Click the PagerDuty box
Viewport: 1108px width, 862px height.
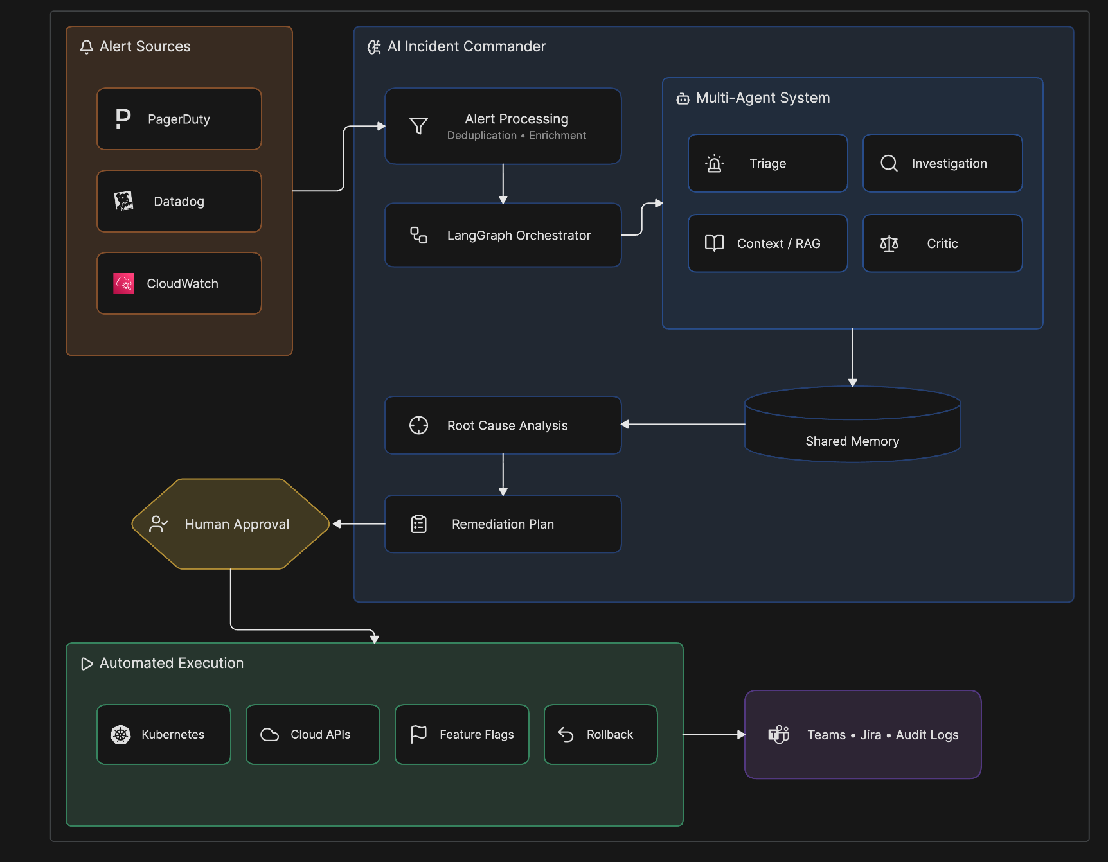[x=179, y=119]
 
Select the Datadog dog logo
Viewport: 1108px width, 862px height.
[x=123, y=201]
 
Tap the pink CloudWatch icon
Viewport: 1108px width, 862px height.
[x=123, y=283]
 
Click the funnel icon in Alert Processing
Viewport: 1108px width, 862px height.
[x=418, y=126]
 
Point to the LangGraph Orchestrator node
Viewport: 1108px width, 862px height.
[x=503, y=235]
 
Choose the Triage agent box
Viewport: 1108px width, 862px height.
[x=768, y=163]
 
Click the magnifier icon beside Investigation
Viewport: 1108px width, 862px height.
[x=889, y=163]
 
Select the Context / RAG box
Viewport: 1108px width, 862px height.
[x=768, y=243]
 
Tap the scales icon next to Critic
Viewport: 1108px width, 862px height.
[x=889, y=243]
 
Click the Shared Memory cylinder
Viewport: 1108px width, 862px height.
[x=853, y=424]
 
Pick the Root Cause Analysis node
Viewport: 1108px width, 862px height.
[x=503, y=425]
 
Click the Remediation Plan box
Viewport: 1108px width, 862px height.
[x=503, y=524]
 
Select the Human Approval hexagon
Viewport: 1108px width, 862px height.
[x=231, y=524]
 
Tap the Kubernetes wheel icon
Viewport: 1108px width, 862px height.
[x=121, y=734]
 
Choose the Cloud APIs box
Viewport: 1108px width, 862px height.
[x=313, y=734]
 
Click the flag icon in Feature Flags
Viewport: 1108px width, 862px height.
[x=418, y=734]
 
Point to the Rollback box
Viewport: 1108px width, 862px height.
[x=601, y=734]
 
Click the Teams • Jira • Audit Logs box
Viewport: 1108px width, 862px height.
[x=863, y=734]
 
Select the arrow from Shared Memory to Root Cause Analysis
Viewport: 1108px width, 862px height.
[x=683, y=424]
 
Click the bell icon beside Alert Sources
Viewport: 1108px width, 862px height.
[x=87, y=47]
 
